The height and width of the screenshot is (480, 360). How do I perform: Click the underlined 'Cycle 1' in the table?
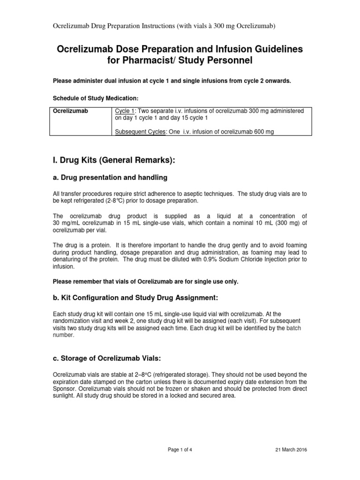125,111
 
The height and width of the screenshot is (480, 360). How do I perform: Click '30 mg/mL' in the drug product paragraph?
67,222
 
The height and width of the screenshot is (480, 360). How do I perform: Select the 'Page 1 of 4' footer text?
180,450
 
